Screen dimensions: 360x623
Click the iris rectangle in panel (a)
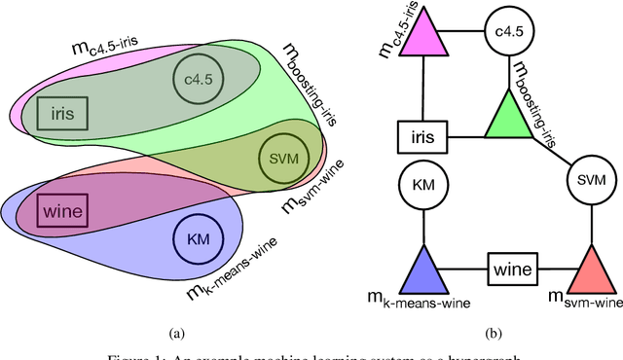click(x=62, y=114)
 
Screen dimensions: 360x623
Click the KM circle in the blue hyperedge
click(x=198, y=237)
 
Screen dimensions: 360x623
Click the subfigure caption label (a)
click(x=176, y=334)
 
